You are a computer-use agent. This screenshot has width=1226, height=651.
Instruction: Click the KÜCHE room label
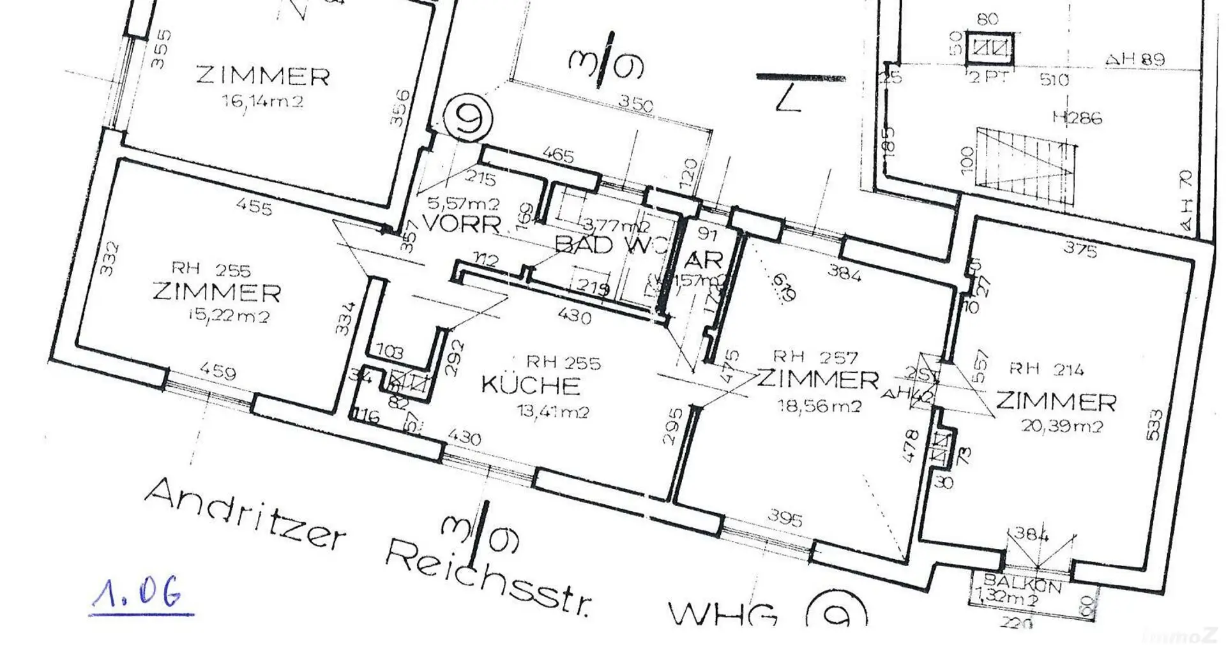click(531, 385)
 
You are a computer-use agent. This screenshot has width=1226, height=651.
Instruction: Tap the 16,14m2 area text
click(262, 101)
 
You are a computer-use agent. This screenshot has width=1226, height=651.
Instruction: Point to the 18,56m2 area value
click(819, 405)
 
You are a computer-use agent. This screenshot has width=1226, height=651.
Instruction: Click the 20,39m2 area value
click(1062, 426)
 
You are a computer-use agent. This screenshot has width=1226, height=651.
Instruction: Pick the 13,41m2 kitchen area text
click(553, 412)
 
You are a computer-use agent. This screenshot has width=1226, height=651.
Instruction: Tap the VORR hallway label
click(462, 224)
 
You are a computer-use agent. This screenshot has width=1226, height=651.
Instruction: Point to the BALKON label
click(1022, 583)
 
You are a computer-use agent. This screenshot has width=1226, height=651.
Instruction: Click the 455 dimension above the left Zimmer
click(254, 207)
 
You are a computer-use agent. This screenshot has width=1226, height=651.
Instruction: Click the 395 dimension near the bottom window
click(784, 518)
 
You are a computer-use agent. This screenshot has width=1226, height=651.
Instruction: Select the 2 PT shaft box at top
click(989, 49)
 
